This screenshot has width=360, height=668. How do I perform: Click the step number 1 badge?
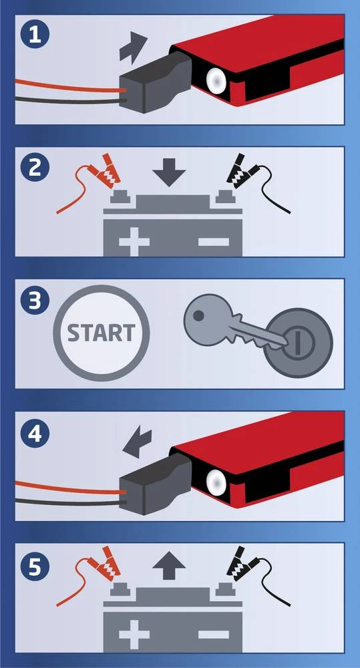[35, 35]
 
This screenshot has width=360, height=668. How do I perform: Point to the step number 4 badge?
[35, 433]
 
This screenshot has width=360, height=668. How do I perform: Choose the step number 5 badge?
[35, 565]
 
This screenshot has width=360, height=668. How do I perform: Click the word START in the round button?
[102, 333]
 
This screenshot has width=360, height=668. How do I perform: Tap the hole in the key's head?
[198, 315]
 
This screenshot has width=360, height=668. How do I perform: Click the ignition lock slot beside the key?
[298, 342]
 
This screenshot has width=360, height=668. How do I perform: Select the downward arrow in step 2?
[169, 172]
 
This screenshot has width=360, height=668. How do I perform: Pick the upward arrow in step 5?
[169, 565]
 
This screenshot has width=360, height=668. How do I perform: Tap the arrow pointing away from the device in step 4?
[137, 444]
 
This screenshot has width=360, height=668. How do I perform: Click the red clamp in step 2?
[104, 172]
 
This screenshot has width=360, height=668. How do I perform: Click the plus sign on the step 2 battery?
[134, 242]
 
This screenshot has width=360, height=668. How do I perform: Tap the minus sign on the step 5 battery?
[214, 635]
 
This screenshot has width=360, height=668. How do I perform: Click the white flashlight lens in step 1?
[216, 78]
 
